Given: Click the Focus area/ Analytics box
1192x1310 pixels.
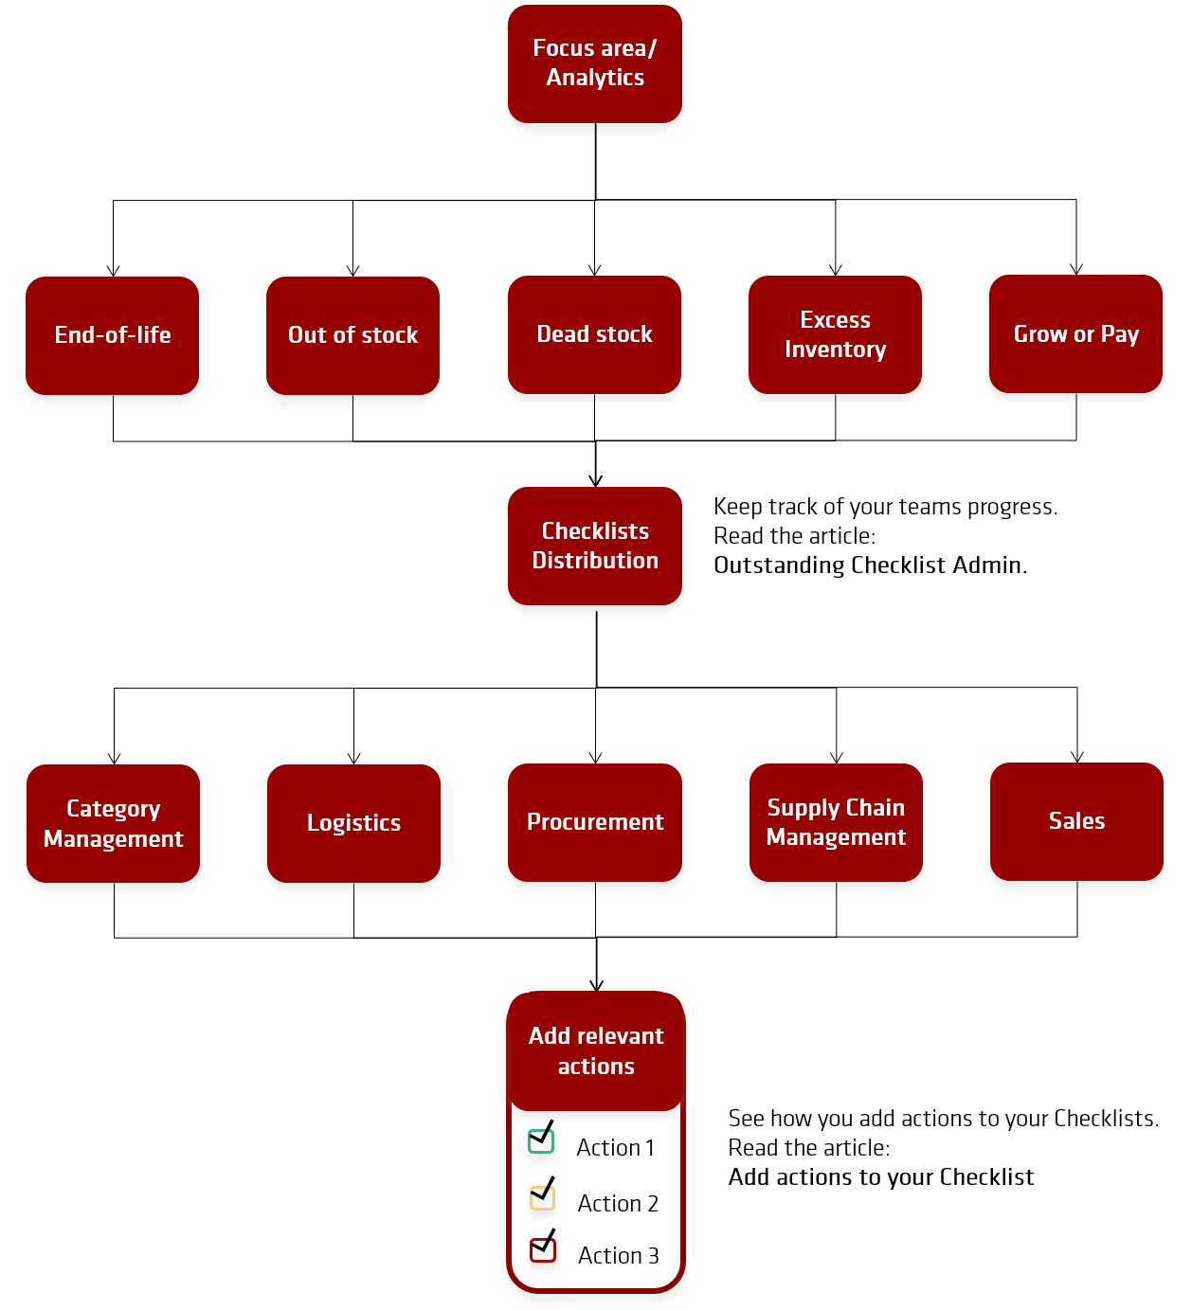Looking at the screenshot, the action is click(x=594, y=63).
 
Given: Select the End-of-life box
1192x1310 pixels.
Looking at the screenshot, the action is click(x=113, y=335).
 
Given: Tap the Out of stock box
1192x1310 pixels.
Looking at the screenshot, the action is click(x=352, y=335).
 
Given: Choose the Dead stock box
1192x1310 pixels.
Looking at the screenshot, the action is click(x=594, y=334).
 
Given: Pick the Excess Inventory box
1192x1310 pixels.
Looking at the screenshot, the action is click(x=835, y=334).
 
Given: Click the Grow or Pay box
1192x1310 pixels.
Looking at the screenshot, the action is click(x=1075, y=333).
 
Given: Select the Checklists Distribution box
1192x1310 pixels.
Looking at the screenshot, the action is click(x=595, y=546).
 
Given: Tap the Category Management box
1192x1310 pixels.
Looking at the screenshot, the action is click(x=113, y=823).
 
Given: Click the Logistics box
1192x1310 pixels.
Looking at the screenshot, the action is click(x=353, y=823).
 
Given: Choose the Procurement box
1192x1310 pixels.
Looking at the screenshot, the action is click(x=595, y=822).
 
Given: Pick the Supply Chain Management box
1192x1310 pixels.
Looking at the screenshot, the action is click(x=836, y=822).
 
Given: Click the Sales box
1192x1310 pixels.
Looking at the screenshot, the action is click(x=1076, y=821).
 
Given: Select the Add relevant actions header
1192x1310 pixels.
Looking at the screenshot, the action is click(x=595, y=1050).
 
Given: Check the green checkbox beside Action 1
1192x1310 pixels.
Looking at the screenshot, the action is click(x=540, y=1140).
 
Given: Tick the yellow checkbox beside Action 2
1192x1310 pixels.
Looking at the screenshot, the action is click(x=542, y=1197).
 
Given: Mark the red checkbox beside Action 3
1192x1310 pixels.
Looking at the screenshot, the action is click(x=542, y=1249).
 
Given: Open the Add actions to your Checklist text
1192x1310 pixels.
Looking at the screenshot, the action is click(x=880, y=1176).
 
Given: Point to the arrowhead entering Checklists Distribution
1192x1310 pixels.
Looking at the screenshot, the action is click(x=595, y=481).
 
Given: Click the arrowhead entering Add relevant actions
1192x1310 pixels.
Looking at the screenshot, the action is click(x=596, y=985).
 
